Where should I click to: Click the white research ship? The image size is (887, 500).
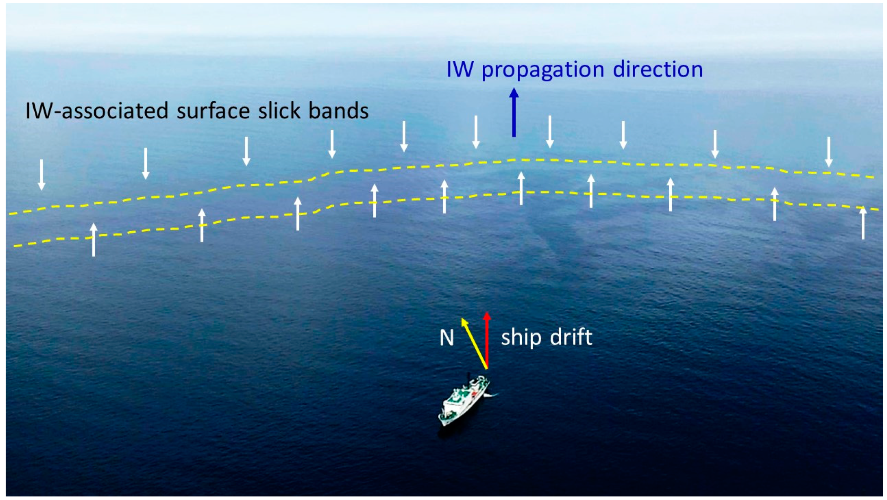tap(464, 402)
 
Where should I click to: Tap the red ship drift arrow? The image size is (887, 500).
tap(487, 340)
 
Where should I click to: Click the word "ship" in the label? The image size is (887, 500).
tap(521, 337)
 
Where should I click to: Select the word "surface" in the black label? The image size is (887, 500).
tap(213, 111)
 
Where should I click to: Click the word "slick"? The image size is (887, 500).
tap(276, 111)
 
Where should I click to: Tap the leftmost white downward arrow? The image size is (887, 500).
tap(42, 175)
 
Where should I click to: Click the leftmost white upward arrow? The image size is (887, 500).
tap(94, 240)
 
